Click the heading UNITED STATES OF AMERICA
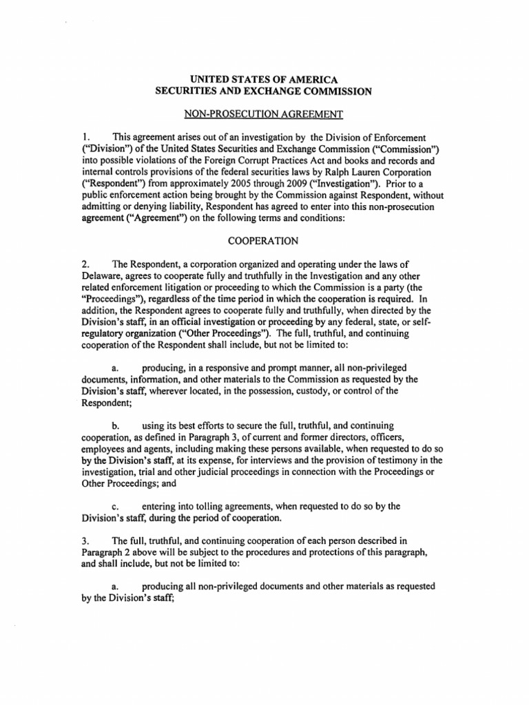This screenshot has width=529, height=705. click(264, 79)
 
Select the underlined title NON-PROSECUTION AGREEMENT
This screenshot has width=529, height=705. click(264, 113)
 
